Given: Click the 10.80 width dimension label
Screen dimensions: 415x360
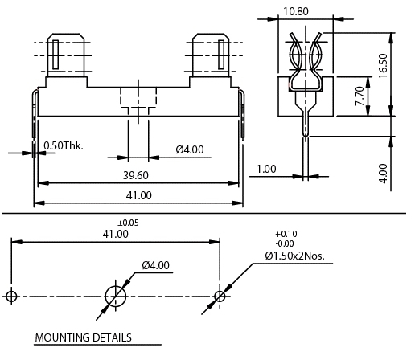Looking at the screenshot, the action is pos(296,11).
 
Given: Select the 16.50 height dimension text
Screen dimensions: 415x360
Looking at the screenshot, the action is pos(384,66).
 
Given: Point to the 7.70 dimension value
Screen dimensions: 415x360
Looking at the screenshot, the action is pos(360,96).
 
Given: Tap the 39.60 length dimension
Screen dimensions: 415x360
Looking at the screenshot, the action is pos(136,175).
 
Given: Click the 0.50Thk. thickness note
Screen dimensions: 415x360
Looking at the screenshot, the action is pos(64,145).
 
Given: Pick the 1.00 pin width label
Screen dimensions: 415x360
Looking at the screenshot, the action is pos(266,169).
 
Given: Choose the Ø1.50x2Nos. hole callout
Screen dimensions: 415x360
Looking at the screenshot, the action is pos(294,256).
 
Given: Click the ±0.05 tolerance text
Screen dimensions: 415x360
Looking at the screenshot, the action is pos(128,223).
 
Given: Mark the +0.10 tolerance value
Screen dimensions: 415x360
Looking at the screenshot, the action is pos(286,234).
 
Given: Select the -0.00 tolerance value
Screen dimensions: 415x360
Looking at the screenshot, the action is pos(285,243).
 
